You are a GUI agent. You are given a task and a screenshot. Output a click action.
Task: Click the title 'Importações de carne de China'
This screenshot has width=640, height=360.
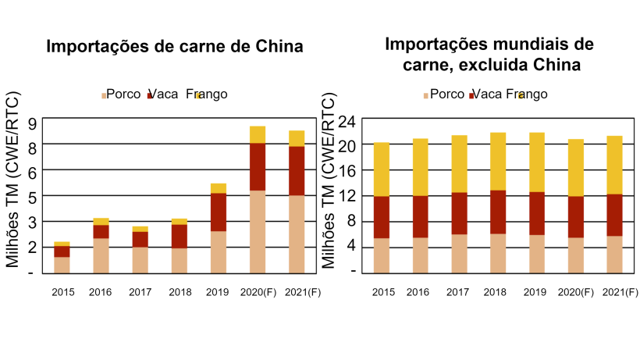point(174,46)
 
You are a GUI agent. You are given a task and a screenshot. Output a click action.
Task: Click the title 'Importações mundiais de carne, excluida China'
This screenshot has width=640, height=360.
point(491,53)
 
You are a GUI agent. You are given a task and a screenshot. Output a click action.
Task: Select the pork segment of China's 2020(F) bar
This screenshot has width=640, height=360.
point(258,231)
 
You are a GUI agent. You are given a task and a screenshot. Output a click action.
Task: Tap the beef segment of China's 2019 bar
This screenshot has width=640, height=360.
point(219,212)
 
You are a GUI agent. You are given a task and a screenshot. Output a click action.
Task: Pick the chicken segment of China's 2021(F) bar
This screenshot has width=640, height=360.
point(297,138)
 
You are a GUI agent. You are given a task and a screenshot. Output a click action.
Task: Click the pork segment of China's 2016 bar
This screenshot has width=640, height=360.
point(101,255)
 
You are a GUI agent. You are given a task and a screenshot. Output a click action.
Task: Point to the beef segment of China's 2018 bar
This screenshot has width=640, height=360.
point(180,236)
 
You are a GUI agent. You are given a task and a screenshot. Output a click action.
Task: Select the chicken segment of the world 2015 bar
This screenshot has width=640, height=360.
point(382,169)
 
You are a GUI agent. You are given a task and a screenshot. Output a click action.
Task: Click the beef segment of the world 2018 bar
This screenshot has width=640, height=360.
point(498,212)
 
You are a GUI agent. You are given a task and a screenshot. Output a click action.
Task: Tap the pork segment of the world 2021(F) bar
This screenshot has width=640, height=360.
point(615,254)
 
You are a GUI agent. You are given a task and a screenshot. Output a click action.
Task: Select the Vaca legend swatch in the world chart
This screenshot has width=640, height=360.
point(472,95)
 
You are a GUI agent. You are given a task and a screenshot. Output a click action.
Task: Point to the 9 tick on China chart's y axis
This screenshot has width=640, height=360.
point(32,123)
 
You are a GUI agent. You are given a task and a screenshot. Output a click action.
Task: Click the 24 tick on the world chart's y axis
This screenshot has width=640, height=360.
point(348,120)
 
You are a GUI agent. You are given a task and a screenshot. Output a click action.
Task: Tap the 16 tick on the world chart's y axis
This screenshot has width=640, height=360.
point(348,170)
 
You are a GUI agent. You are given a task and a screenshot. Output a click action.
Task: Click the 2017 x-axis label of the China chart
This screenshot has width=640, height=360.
point(140,293)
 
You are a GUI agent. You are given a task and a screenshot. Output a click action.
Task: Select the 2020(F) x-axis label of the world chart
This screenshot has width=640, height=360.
point(576,293)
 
